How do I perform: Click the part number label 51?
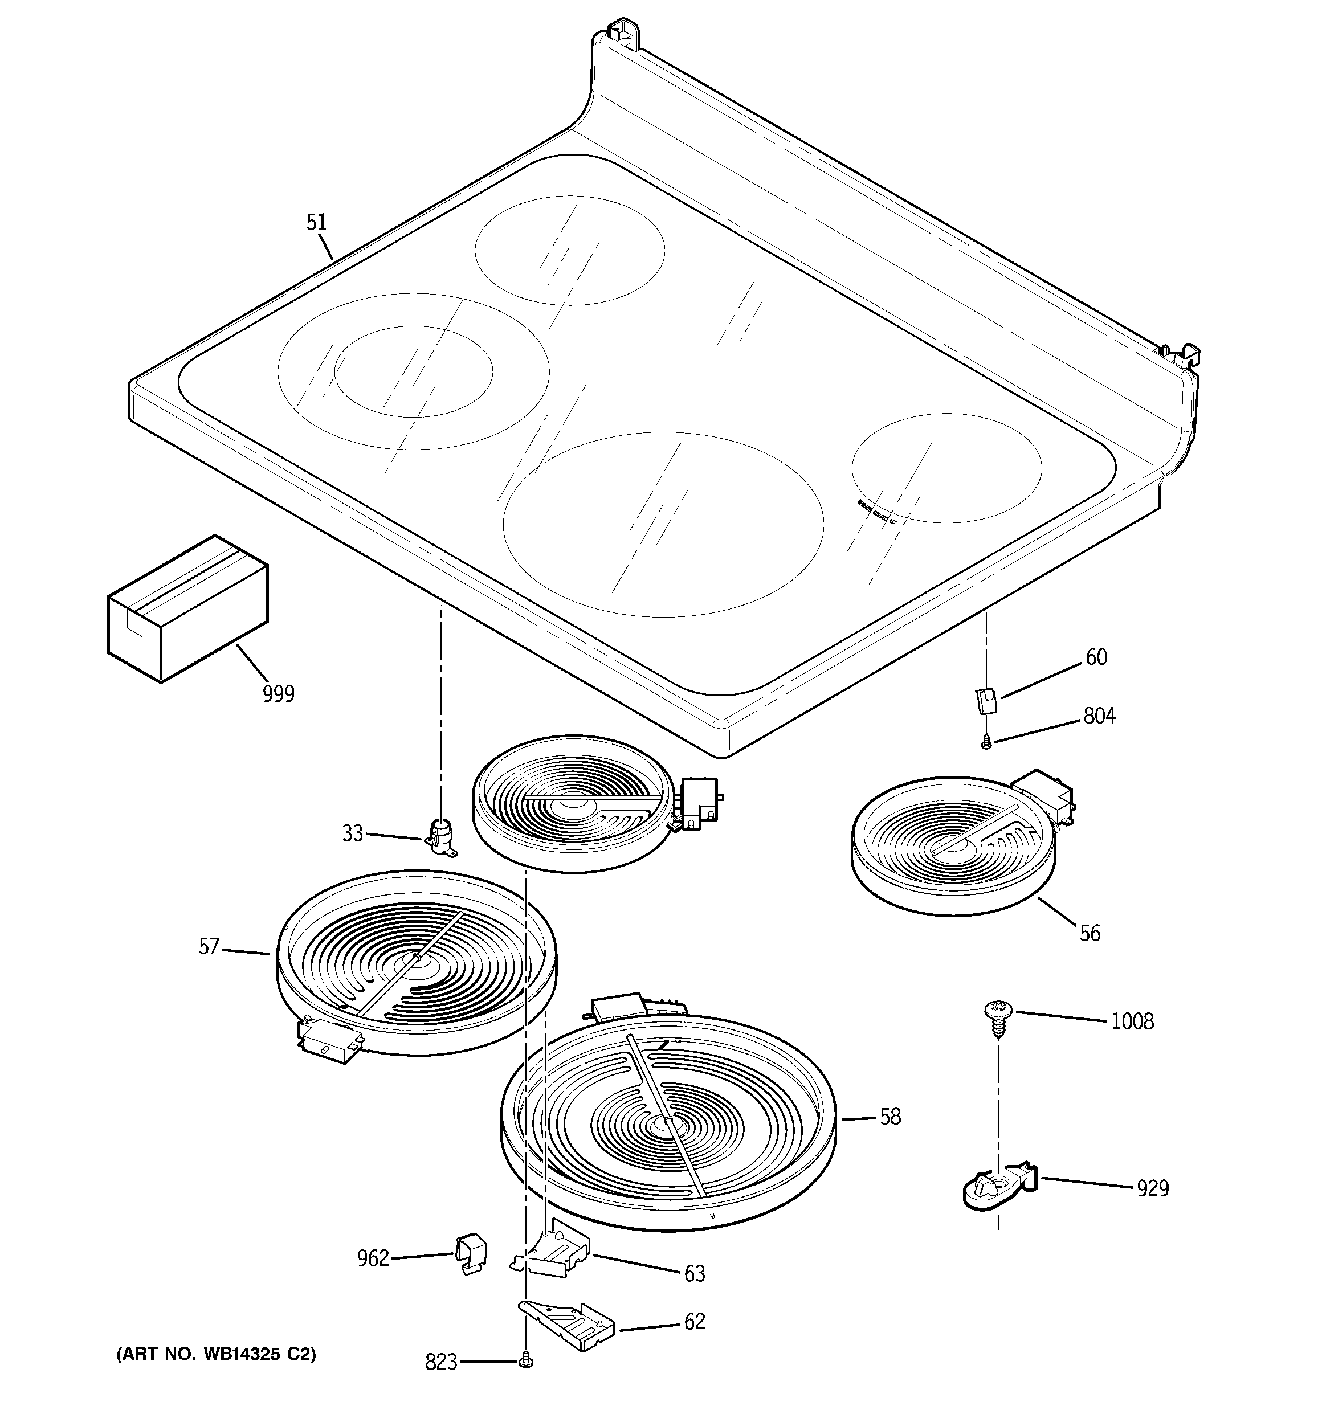click(x=316, y=222)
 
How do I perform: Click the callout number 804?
click(x=1099, y=716)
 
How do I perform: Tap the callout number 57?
click(x=209, y=947)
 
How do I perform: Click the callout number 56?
click(x=1090, y=933)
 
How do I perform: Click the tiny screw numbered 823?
click(x=526, y=1361)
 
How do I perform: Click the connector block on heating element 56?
click(x=1043, y=798)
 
